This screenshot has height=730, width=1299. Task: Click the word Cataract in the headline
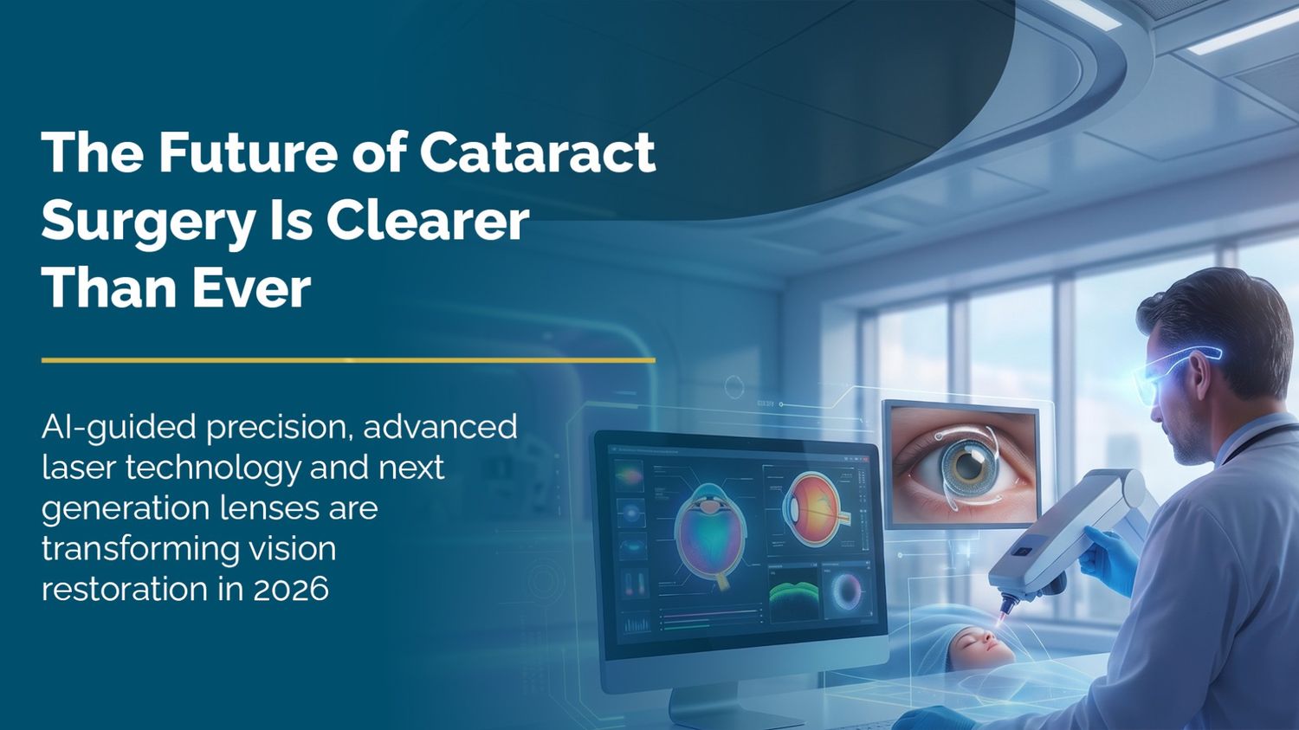[537, 152]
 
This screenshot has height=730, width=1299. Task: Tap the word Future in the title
[244, 152]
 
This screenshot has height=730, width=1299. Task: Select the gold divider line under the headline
[348, 360]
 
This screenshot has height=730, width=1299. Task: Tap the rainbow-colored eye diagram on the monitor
[710, 533]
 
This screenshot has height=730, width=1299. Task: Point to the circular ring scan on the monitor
[847, 594]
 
